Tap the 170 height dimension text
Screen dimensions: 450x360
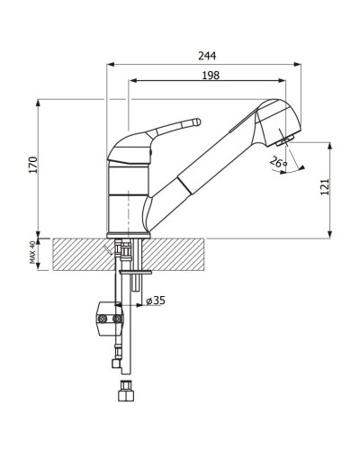pos(33,166)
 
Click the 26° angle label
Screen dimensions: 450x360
pos(278,163)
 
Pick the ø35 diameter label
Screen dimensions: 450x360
pos(155,301)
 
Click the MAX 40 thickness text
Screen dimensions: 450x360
pos(33,254)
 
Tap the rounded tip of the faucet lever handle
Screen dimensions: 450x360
pos(195,121)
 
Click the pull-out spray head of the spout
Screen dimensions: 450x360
pos(274,122)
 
